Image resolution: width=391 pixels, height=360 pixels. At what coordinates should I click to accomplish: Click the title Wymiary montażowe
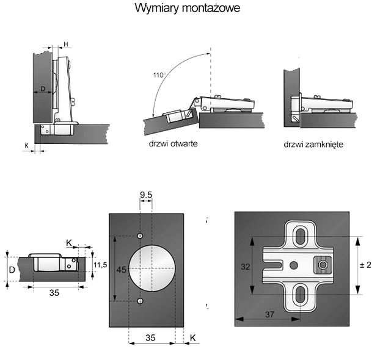click(x=188, y=9)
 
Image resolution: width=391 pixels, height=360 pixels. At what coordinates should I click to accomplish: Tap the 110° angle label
click(x=159, y=75)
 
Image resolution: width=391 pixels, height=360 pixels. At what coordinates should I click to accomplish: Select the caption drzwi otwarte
click(x=172, y=145)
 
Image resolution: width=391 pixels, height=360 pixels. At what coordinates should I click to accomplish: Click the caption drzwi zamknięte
click(x=313, y=145)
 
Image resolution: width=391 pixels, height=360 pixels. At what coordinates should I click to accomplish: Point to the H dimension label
click(x=65, y=44)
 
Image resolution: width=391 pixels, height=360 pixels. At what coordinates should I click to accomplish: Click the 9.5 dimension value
click(x=147, y=195)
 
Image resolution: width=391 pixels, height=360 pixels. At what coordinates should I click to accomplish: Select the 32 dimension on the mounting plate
click(x=245, y=266)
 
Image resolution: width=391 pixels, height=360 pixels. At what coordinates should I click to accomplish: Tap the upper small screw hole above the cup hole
click(x=140, y=236)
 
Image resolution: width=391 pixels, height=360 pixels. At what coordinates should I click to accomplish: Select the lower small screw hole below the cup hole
click(x=140, y=301)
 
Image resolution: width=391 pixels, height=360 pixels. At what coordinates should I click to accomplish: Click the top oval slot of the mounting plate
click(x=301, y=236)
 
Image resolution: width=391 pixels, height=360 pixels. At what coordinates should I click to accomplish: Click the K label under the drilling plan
click(x=192, y=337)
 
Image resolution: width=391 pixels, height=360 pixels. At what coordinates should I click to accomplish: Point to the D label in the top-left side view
click(x=42, y=89)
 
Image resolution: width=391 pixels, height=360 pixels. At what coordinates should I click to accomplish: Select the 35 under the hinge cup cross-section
click(x=54, y=292)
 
